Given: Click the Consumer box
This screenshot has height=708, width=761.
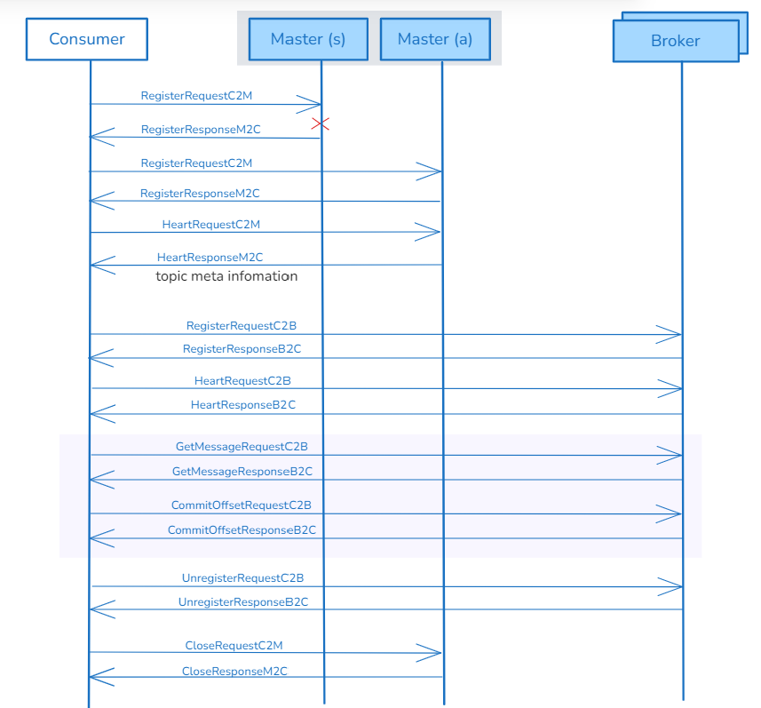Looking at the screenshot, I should point(87,39).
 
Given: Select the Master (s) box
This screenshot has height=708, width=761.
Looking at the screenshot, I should point(307,39).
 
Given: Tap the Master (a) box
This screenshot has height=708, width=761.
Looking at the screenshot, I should point(434,39).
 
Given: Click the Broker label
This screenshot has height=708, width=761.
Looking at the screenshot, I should point(675,41).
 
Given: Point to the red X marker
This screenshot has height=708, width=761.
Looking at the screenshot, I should point(321,123).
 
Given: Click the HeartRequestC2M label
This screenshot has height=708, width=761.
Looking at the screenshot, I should point(210,225).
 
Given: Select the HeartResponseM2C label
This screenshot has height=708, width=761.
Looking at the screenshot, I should point(210,257).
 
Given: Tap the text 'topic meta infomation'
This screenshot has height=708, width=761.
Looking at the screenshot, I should point(226,276).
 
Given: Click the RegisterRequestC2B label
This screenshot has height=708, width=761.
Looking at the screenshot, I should point(242,326).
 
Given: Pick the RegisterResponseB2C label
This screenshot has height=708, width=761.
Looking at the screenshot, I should point(242,349).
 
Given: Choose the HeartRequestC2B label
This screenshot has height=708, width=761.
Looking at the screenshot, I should point(242,380).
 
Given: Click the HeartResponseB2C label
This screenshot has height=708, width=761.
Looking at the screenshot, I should point(242,404).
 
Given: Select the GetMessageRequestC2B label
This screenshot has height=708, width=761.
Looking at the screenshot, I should point(242,447).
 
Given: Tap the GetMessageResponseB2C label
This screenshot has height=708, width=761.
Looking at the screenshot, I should point(242,471).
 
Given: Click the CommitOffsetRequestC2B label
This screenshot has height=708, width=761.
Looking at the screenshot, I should point(242,505).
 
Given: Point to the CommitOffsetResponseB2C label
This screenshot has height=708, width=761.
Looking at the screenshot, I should point(242,529).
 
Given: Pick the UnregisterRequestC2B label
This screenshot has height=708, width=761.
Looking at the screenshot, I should point(242,577).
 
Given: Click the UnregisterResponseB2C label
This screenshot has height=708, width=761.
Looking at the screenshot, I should point(242,601).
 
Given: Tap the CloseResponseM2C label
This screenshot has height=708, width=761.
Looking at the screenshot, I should point(234,671).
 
